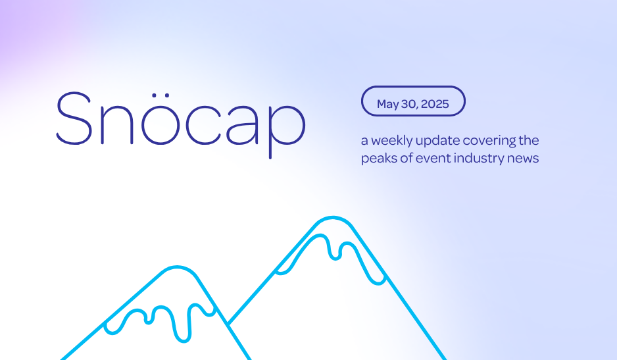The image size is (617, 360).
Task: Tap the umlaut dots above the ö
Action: pyautogui.click(x=160, y=95)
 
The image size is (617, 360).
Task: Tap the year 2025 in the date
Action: pyautogui.click(x=435, y=104)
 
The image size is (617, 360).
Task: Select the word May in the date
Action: pyautogui.click(x=388, y=105)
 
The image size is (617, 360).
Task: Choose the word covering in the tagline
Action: pyautogui.click(x=489, y=141)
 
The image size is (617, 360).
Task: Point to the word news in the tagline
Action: pyautogui.click(x=523, y=159)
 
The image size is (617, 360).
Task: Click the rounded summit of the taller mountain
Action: pyautogui.click(x=333, y=217)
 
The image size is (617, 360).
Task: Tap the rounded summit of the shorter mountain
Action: pyautogui.click(x=177, y=267)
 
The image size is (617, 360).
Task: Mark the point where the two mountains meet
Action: pyautogui.click(x=228, y=324)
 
